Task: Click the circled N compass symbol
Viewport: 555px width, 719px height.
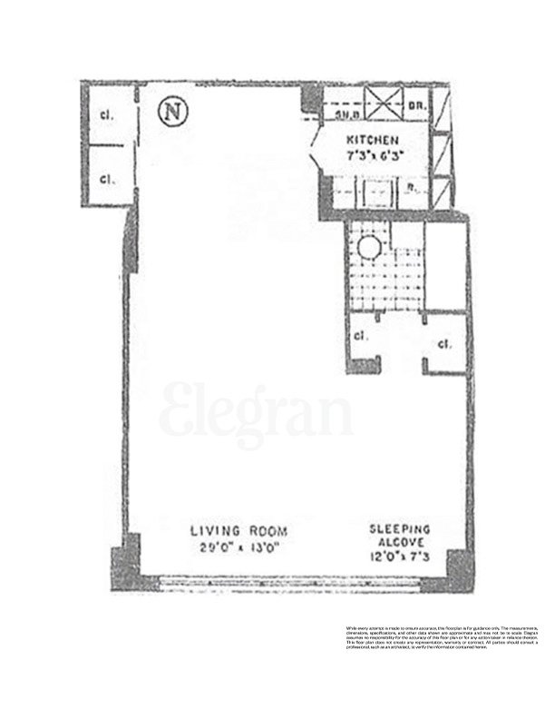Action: (169, 111)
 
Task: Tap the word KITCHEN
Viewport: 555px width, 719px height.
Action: (372, 141)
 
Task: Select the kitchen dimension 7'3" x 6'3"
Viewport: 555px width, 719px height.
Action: (372, 155)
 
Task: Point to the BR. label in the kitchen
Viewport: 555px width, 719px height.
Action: (417, 106)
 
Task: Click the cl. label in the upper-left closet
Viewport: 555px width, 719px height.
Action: (106, 115)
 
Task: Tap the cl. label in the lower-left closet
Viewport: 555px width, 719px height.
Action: (106, 177)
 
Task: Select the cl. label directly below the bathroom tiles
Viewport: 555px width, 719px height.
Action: (360, 335)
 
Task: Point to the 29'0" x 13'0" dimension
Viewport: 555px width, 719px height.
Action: (239, 547)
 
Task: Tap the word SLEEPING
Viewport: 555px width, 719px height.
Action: (399, 527)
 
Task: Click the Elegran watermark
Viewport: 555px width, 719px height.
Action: (256, 416)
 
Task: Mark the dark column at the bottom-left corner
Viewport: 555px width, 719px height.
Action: (126, 563)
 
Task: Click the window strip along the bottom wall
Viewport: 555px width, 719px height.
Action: (290, 581)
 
